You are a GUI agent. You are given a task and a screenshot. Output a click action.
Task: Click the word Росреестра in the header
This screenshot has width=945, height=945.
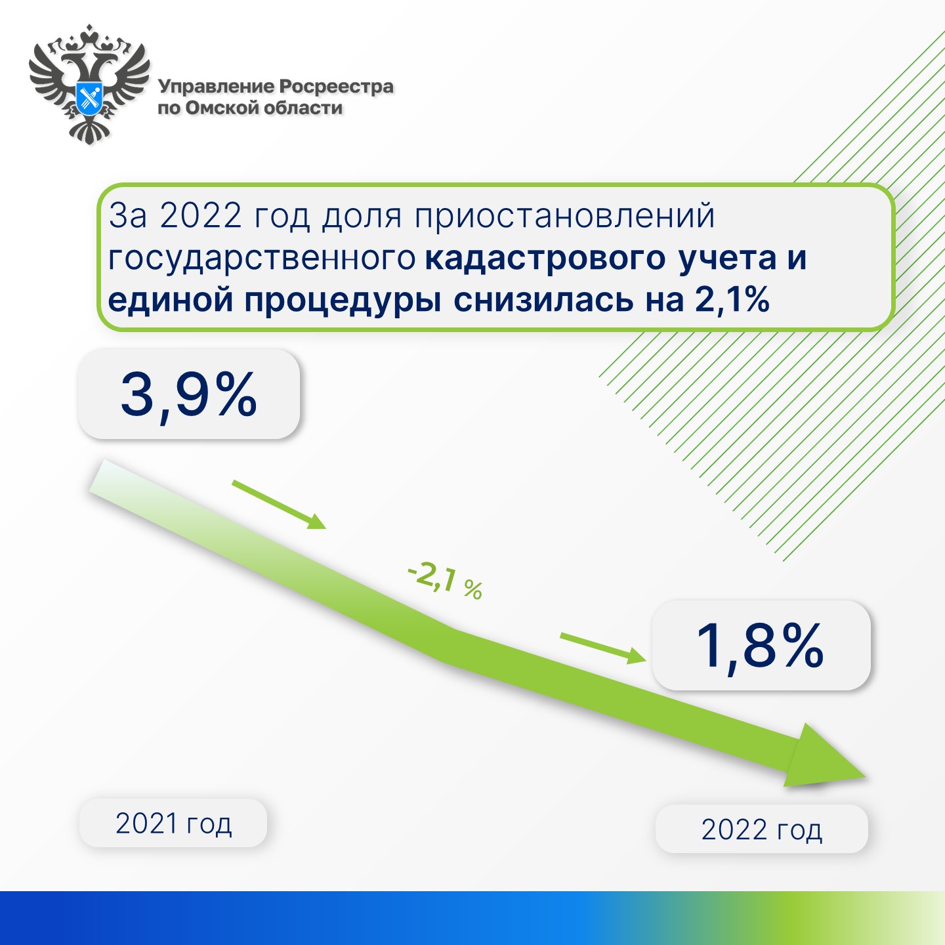tap(337, 87)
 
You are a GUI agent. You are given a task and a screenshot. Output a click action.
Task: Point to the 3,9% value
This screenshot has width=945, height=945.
tap(189, 395)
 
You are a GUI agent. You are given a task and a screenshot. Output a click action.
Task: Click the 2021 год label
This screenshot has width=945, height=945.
tap(173, 824)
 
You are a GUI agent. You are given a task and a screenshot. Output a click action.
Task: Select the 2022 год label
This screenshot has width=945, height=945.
tap(761, 829)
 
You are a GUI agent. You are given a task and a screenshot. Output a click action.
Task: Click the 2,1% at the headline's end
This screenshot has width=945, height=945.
tap(732, 300)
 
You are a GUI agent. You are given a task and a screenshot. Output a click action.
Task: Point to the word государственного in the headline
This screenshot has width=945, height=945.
tap(262, 259)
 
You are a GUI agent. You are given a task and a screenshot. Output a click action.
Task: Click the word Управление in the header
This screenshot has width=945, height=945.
tap(217, 87)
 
